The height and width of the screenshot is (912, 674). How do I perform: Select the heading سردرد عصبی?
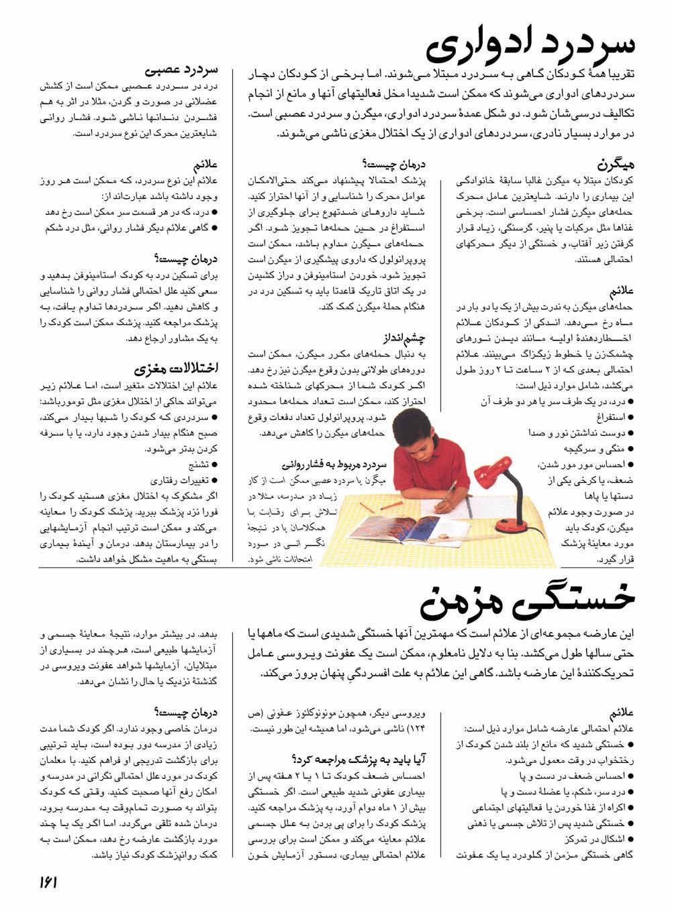pyautogui.click(x=181, y=69)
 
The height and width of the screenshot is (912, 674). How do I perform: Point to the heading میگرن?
pyautogui.click(x=616, y=163)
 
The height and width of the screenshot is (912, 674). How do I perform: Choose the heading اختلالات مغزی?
pyautogui.click(x=176, y=369)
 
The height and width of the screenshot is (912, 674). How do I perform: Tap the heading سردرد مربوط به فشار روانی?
pyautogui.click(x=334, y=464)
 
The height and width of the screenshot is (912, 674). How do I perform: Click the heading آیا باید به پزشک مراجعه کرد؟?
pyautogui.click(x=358, y=760)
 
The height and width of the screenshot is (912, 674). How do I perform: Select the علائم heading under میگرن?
pyautogui.click(x=621, y=291)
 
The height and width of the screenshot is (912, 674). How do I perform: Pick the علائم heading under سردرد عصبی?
pyautogui.click(x=205, y=165)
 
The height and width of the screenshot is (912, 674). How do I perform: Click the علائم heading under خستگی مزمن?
pyautogui.click(x=622, y=713)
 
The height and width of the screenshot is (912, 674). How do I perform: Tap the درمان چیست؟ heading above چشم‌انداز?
pyautogui.click(x=393, y=163)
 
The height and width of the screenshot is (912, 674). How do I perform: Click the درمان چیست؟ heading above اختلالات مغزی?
pyautogui.click(x=186, y=259)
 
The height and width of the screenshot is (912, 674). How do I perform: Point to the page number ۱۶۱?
pyautogui.click(x=48, y=882)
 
